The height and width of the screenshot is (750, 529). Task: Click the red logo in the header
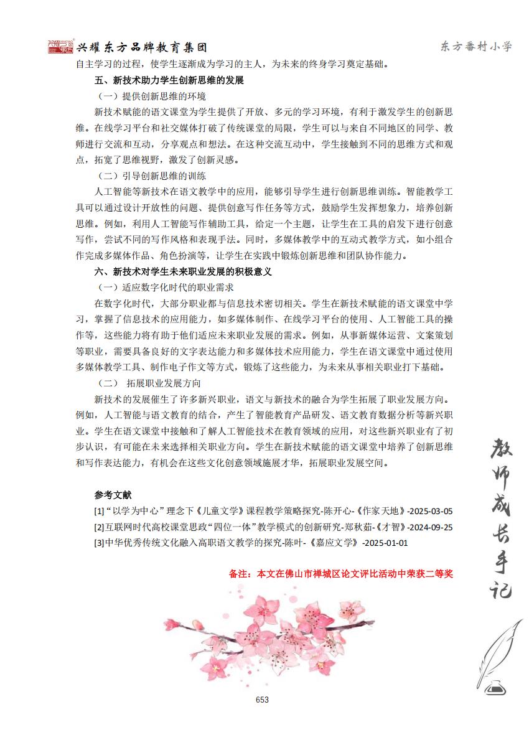(60, 47)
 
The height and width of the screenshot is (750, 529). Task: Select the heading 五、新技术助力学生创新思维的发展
(169, 80)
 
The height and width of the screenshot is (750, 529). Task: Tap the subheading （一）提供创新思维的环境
(152, 96)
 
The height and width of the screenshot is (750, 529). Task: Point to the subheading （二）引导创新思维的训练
(152, 176)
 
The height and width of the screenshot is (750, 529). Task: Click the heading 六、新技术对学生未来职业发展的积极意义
(183, 271)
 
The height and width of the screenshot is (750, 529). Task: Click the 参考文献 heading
(113, 495)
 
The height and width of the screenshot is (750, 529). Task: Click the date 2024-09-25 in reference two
(429, 527)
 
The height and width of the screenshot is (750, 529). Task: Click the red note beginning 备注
(340, 574)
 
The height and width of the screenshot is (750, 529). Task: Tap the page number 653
(262, 700)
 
